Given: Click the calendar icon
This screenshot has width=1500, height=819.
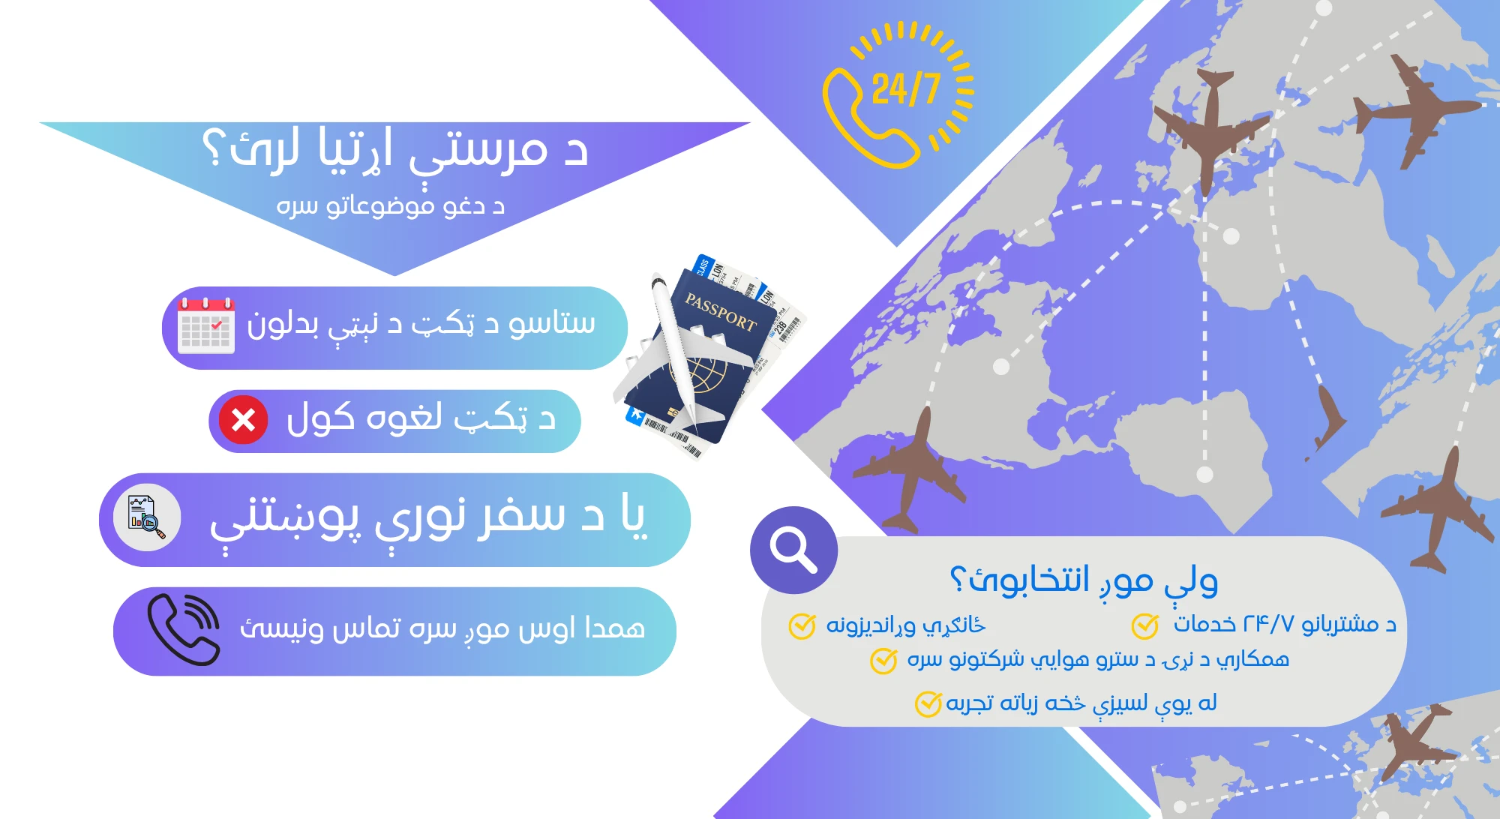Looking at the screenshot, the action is [x=206, y=325].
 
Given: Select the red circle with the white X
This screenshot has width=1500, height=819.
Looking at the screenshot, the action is [x=243, y=420].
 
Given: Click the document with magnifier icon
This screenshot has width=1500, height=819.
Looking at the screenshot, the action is [x=146, y=517].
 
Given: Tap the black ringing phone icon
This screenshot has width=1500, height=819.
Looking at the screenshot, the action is [x=184, y=630].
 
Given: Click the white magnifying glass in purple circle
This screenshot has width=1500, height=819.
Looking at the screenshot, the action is [x=793, y=550].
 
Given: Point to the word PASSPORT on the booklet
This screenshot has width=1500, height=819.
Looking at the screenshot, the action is [x=721, y=312].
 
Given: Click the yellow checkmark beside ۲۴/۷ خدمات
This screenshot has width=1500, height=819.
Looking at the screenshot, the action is [x=1145, y=625].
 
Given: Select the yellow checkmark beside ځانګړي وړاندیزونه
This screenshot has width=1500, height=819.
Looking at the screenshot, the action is [x=802, y=626].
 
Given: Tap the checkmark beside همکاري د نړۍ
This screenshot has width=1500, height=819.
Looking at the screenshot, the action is [x=883, y=661].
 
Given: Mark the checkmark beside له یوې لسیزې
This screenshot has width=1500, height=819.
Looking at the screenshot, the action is [x=928, y=704].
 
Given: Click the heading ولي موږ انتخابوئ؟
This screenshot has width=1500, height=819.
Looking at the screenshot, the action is [x=1084, y=580].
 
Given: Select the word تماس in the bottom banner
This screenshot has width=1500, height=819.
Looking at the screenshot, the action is [x=365, y=628].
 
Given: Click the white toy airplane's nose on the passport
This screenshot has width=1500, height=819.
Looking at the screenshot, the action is [x=659, y=284].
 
